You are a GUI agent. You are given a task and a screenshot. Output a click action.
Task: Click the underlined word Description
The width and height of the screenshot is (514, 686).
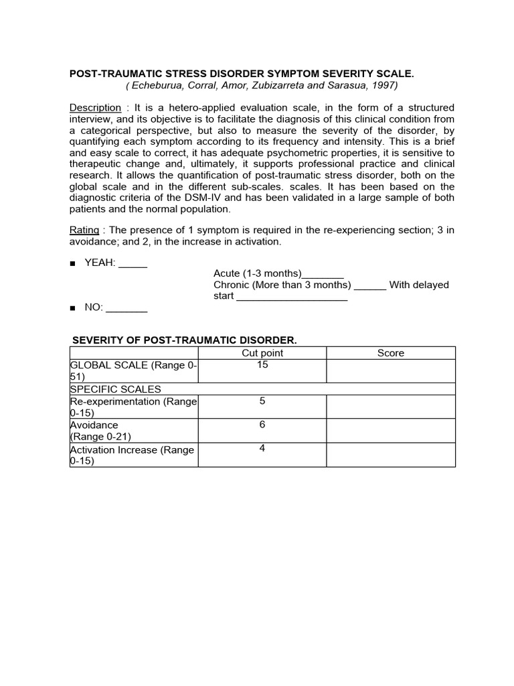tap(96, 108)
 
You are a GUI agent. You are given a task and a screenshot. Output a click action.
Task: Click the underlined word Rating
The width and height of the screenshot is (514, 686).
tap(84, 230)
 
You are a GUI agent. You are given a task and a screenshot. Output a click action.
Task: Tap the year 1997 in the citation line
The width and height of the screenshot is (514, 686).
tap(384, 85)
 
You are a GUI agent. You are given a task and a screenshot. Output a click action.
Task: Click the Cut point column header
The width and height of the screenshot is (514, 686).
tap(262, 353)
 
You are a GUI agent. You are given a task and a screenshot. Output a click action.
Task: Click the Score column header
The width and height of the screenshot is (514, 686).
tap(391, 353)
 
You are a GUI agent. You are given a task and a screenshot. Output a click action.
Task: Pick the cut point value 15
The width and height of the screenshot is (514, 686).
tap(262, 365)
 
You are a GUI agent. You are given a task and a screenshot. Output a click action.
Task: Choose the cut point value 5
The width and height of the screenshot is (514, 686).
tap(262, 401)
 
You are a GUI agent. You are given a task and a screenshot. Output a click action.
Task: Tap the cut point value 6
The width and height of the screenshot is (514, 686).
tap(262, 425)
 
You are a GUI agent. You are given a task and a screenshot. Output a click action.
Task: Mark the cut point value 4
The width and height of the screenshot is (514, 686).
tap(262, 448)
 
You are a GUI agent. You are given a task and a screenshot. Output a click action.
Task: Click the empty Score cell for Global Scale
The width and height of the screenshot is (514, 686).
tap(391, 371)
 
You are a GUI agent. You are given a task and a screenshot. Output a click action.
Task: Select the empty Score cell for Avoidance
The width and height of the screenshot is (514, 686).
tap(391, 431)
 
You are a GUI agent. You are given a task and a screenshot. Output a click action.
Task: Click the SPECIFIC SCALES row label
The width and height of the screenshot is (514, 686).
tap(116, 389)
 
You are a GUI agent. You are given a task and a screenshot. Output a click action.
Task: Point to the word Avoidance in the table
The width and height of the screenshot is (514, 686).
tap(94, 425)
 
